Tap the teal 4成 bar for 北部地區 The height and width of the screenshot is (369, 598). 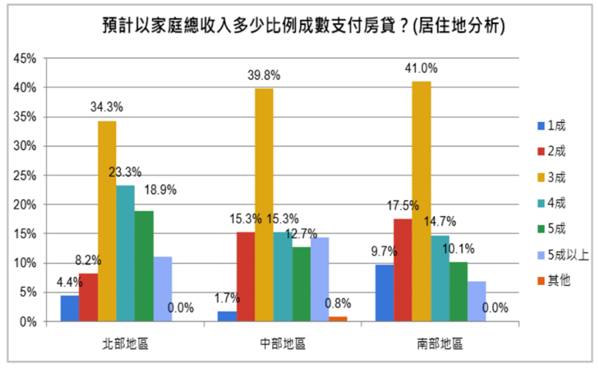[126, 253]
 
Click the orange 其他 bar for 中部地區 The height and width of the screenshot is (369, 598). [338, 319]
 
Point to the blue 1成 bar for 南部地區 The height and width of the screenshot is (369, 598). [384, 293]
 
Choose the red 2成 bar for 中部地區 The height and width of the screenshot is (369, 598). [246, 277]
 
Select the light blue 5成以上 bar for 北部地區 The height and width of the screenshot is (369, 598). [163, 289]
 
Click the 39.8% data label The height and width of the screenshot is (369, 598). [264, 76]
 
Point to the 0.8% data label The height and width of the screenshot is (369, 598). [338, 303]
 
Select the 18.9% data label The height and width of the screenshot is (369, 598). [160, 190]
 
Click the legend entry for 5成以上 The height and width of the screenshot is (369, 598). [563, 256]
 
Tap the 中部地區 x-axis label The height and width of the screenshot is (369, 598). [283, 344]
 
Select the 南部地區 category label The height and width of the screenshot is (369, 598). [440, 344]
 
